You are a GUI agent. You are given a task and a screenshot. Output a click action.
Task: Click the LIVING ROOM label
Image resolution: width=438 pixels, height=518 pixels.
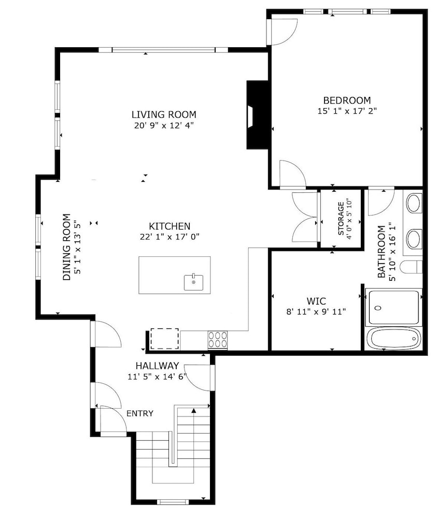(x=164, y=114)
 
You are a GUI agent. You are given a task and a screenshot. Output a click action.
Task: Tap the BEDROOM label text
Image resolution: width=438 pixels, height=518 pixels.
(x=347, y=100)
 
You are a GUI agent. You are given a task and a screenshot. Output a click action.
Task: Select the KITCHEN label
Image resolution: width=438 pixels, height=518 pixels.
(x=169, y=226)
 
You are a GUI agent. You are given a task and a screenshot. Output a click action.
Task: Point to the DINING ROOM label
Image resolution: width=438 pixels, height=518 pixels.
(x=67, y=247)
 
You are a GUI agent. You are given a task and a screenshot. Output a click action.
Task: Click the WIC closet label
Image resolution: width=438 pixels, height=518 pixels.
(x=316, y=301)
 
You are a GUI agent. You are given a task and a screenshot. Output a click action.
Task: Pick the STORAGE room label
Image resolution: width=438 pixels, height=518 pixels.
(x=341, y=219)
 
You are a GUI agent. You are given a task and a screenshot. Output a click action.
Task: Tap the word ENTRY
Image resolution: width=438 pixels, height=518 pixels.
(x=140, y=413)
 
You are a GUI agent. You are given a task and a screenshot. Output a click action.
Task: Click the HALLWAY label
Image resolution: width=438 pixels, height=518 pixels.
(x=158, y=366)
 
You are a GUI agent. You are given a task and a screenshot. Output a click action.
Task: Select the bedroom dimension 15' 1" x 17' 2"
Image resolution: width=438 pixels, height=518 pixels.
(x=347, y=111)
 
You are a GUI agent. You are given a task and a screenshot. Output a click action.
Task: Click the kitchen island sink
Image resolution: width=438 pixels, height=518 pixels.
(x=194, y=282)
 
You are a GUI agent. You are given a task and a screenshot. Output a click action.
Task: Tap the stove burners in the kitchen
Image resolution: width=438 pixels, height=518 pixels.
(x=218, y=339)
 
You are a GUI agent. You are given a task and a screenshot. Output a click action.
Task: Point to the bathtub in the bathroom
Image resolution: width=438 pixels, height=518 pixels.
(x=393, y=339)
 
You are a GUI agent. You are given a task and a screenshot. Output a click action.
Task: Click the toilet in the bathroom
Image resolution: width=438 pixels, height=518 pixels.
(x=411, y=267)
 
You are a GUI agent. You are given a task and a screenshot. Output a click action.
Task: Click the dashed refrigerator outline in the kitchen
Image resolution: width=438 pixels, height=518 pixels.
(x=165, y=339)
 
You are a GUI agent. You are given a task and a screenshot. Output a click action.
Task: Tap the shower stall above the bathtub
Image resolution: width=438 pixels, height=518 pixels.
(x=393, y=307)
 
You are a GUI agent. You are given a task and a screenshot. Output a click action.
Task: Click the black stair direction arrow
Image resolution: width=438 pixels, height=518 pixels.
(x=194, y=411)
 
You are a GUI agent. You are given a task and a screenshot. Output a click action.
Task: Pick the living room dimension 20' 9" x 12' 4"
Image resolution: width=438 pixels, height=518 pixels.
(x=164, y=125)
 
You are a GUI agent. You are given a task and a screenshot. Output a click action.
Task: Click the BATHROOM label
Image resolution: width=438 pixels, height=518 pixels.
(x=382, y=252)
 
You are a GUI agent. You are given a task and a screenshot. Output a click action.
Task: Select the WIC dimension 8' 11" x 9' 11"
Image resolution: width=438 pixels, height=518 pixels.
(x=316, y=311)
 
